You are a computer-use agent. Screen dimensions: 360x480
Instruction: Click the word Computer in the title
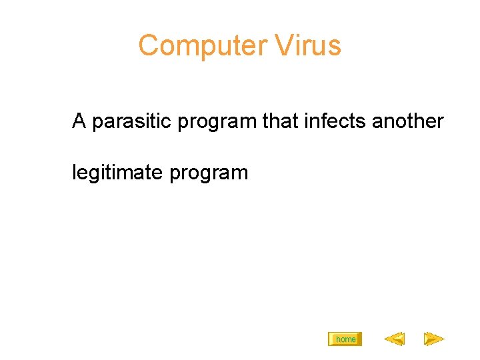click(x=193, y=46)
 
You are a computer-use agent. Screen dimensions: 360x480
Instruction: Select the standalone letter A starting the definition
click(x=79, y=121)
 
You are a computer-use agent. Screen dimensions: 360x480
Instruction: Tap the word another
click(x=408, y=121)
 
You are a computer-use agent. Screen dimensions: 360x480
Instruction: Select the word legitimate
click(x=117, y=173)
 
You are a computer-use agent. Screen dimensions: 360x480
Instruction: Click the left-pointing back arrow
click(x=394, y=339)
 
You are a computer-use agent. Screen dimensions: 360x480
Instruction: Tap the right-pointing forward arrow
click(x=434, y=339)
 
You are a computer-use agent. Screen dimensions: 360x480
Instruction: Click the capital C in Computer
click(x=148, y=46)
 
